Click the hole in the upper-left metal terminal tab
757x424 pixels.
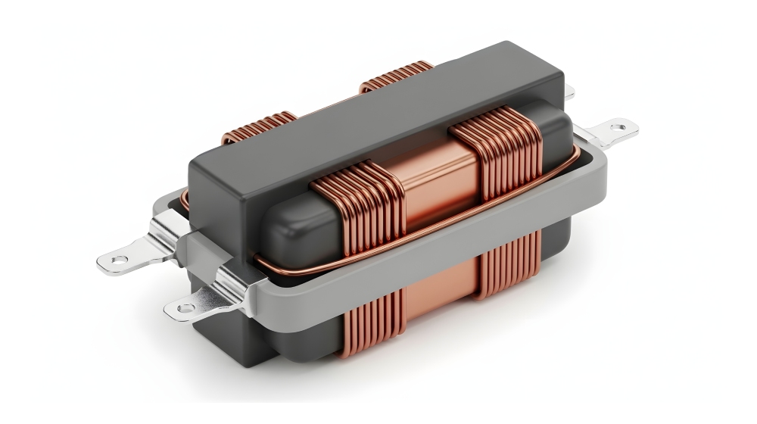pos(116,260)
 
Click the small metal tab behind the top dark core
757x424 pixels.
pos(569,92)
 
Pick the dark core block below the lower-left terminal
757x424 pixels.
pos(220,333)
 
